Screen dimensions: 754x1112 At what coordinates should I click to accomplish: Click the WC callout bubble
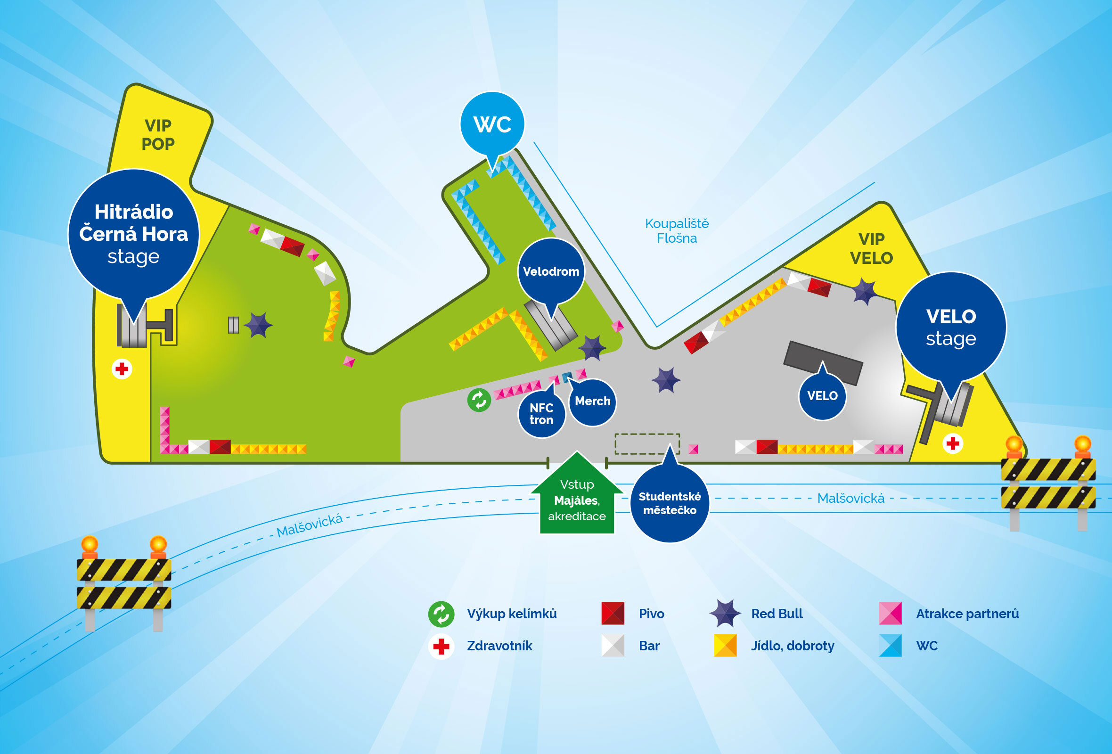coord(492,123)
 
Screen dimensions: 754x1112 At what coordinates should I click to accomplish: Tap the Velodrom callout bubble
coord(551,271)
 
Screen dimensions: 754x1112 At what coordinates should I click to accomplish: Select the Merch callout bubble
coord(592,402)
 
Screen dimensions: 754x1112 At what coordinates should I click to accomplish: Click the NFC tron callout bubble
coord(541,414)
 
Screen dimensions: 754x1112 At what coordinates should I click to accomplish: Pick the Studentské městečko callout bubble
coord(670,503)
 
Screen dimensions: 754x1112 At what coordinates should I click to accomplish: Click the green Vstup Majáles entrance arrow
coord(577,498)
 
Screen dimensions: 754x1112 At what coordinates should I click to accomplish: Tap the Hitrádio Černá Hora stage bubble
coord(133,234)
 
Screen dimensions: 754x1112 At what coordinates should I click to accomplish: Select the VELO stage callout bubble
coord(950,327)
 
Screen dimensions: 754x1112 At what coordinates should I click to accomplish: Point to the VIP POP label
coord(158,134)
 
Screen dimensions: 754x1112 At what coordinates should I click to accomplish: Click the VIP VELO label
coord(871,248)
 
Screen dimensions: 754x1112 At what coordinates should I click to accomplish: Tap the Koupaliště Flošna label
coord(677,230)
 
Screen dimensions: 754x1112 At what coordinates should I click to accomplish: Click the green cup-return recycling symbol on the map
coord(479,400)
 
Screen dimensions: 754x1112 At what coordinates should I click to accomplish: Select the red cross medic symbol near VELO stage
coord(953,443)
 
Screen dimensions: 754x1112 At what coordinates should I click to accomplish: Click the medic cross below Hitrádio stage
coord(122,369)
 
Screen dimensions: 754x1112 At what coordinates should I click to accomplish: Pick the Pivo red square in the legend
coord(613,614)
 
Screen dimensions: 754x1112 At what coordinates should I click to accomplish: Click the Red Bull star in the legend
coord(725,613)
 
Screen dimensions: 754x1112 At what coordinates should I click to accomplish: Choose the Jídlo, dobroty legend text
coord(793,646)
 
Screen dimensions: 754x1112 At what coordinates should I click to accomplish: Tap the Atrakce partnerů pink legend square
coord(890,614)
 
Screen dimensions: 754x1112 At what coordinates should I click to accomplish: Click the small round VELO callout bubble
coord(822,396)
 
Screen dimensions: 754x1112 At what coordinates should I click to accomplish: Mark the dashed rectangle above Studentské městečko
coord(647,443)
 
